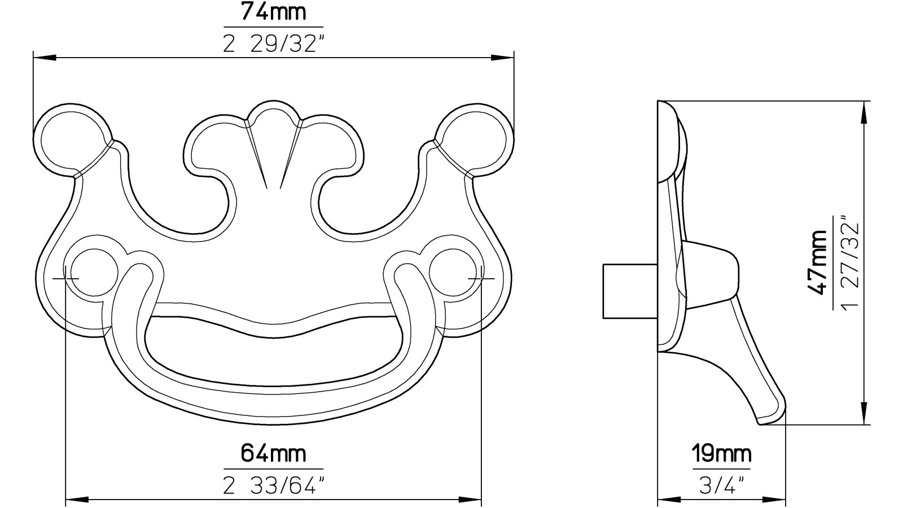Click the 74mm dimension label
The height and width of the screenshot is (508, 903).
coord(273,12)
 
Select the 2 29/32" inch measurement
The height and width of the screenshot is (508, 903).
coord(273,44)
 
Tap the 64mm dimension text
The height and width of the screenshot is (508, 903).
coord(273,453)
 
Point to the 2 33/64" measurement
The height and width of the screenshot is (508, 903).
coord(273,485)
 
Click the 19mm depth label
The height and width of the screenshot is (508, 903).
coord(722,453)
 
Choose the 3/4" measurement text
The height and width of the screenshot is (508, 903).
coord(722,485)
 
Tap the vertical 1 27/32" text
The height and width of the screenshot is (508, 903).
coord(851,262)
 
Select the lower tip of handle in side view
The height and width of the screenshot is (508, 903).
coord(770,415)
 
